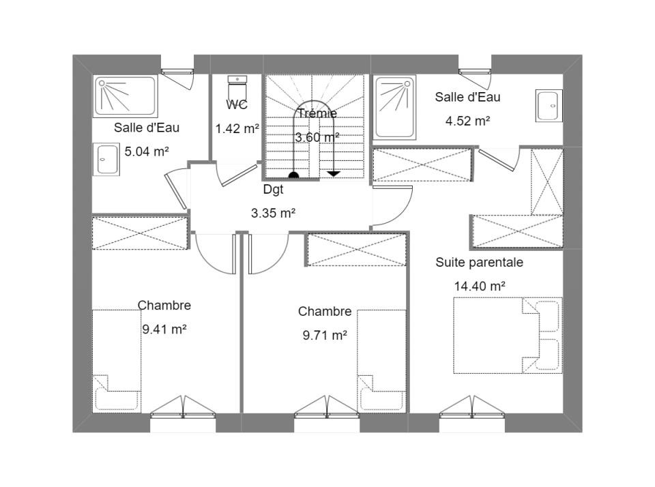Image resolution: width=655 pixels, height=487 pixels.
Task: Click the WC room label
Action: pos(237,105)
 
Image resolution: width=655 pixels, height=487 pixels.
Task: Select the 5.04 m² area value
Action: pos(147,151)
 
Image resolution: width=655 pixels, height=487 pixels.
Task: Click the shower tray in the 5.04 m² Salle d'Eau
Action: pos(126,96)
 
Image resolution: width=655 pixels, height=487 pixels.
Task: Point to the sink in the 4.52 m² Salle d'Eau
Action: pos(549,106)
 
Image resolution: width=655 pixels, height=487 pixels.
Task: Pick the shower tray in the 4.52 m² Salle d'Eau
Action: pos(395,107)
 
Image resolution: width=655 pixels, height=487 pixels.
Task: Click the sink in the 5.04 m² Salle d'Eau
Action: pos(106,159)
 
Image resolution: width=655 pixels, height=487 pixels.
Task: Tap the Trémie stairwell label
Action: pos(317,113)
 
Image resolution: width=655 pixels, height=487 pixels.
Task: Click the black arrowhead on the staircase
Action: pos(334,173)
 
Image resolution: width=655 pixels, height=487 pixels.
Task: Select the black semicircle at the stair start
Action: pos(293,175)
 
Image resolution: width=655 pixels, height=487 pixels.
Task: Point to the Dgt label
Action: pos(273,190)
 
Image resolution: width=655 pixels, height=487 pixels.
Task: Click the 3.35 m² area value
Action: pos(273,213)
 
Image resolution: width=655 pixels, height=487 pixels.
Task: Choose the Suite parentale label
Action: pos(479,263)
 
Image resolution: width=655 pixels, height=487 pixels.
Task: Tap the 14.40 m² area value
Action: pos(480,286)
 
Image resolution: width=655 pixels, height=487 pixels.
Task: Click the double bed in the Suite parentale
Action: pos(508,336)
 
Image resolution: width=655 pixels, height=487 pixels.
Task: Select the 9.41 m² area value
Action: pos(164,329)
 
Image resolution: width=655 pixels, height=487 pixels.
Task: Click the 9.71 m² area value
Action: pos(325,336)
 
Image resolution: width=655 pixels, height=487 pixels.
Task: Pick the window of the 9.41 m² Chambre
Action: pos(183,407)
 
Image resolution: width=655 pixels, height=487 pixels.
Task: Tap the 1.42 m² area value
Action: pos(237,129)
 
